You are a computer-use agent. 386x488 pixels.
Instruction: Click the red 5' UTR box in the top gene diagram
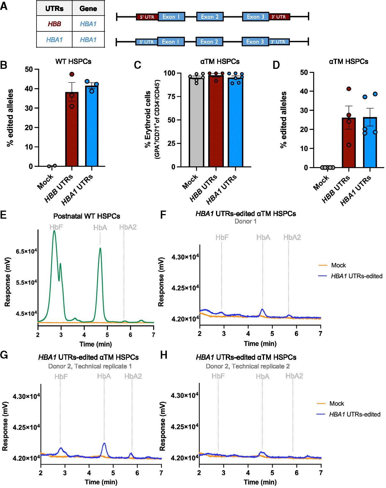[x=147, y=17]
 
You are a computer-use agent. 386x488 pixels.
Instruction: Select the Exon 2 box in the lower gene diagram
[x=209, y=42]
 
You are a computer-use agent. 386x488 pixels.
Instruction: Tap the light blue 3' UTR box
[x=279, y=42]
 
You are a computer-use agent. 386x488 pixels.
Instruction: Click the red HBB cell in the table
[x=54, y=24]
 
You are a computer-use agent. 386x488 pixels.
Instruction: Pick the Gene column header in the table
[x=88, y=9]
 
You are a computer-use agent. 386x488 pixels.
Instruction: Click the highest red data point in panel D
[x=349, y=89]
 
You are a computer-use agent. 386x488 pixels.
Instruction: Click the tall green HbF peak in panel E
[x=54, y=239]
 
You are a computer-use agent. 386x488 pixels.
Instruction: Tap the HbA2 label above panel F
[x=292, y=237]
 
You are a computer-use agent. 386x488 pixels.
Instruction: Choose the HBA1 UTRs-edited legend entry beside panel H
[x=354, y=415]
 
